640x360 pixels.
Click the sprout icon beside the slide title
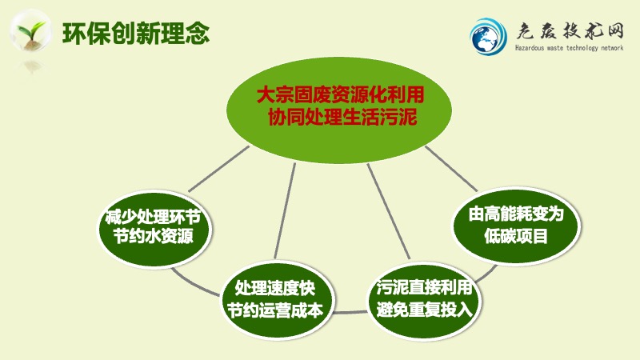click(30, 32)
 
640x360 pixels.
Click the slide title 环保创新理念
click(136, 33)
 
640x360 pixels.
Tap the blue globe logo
click(488, 36)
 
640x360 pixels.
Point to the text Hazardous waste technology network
click(569, 48)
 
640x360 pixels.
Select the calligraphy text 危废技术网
click(570, 31)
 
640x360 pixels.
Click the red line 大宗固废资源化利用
click(340, 94)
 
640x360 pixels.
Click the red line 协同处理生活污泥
click(342, 117)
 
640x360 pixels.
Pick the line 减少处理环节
click(153, 216)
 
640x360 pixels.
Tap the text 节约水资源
click(153, 236)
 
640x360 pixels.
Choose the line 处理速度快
click(274, 289)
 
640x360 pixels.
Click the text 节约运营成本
click(274, 310)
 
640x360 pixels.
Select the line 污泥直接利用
click(424, 287)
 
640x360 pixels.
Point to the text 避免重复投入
click(424, 309)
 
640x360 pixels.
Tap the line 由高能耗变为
click(516, 214)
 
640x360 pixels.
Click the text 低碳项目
click(516, 235)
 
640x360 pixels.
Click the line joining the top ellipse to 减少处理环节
click(218, 169)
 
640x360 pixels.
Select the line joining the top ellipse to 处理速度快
click(285, 210)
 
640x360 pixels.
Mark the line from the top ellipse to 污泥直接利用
click(389, 211)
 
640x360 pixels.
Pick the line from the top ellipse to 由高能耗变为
click(451, 169)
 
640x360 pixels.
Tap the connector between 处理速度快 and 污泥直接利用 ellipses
click(350, 313)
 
